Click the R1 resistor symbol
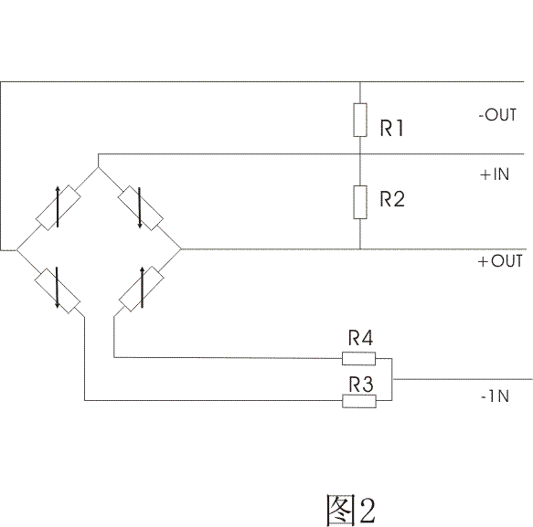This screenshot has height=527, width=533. pyautogui.click(x=360, y=120)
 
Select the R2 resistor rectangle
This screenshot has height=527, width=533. pyautogui.click(x=360, y=202)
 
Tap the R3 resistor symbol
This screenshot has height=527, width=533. pyautogui.click(x=359, y=401)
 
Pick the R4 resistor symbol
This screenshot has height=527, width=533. pyautogui.click(x=358, y=359)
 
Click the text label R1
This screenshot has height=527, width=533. pyautogui.click(x=391, y=128)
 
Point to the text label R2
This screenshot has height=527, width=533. pyautogui.click(x=392, y=198)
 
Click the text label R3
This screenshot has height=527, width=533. pyautogui.click(x=361, y=384)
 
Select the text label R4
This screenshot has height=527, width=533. pyautogui.click(x=360, y=337)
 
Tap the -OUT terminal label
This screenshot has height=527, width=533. pyautogui.click(x=497, y=115)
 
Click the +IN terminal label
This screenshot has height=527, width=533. pyautogui.click(x=495, y=174)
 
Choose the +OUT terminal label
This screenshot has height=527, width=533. pyautogui.click(x=500, y=261)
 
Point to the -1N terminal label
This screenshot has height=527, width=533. pyautogui.click(x=495, y=396)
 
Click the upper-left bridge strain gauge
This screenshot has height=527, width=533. pyautogui.click(x=59, y=207)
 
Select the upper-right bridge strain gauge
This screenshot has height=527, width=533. pyautogui.click(x=141, y=208)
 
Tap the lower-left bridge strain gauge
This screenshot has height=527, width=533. pyautogui.click(x=58, y=290)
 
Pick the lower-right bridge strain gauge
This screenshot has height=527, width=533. pyautogui.click(x=142, y=289)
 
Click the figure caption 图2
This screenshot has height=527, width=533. pyautogui.click(x=351, y=510)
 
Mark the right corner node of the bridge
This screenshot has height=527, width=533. pyautogui.click(x=181, y=249)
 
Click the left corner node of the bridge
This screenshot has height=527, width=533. pyautogui.click(x=16, y=250)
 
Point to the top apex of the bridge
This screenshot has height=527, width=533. pyautogui.click(x=98, y=167)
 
